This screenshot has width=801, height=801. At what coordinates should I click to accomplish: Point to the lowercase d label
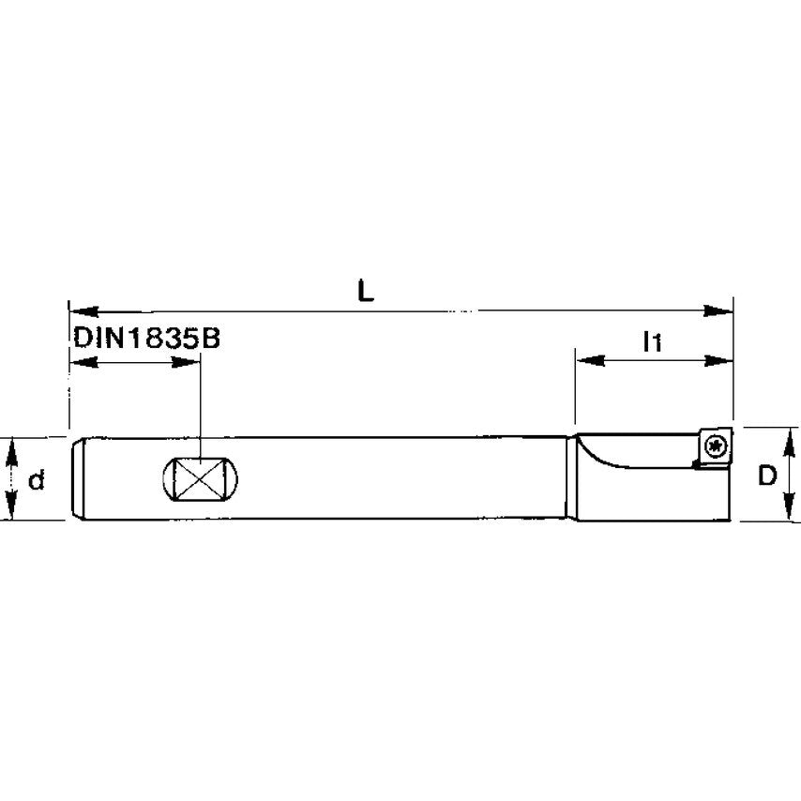click(36, 480)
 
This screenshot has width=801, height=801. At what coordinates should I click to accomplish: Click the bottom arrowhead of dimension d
click(12, 509)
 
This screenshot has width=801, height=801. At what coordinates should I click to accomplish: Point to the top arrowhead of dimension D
click(784, 439)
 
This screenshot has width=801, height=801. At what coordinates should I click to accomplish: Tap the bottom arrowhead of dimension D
click(784, 509)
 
